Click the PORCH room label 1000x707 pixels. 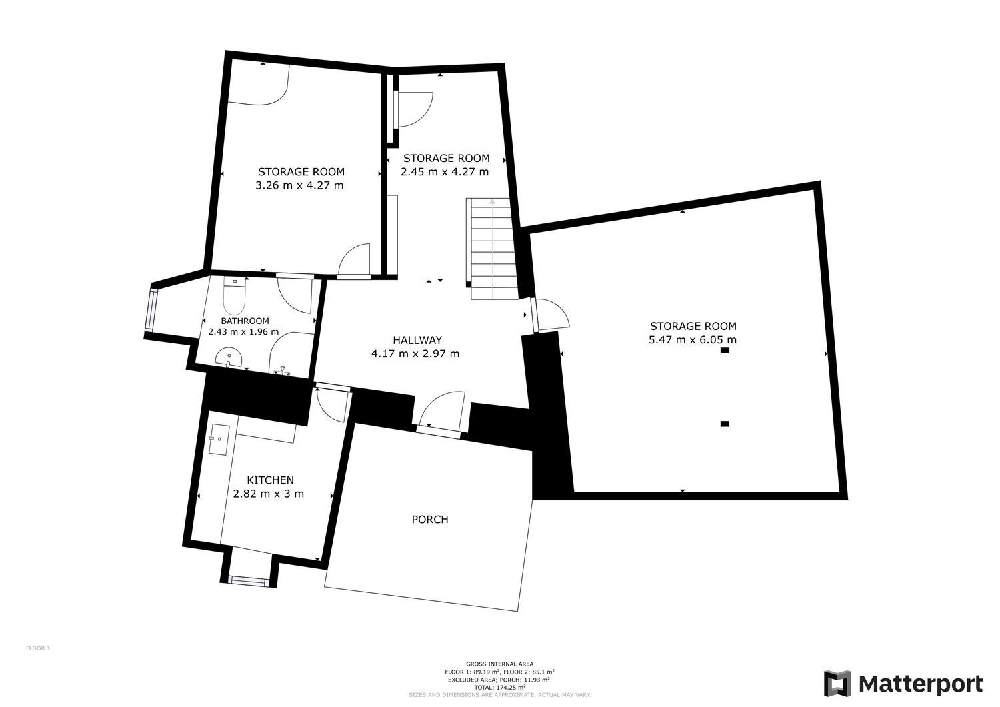[x=430, y=519]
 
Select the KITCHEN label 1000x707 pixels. [x=270, y=480]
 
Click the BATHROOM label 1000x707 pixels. [x=245, y=321]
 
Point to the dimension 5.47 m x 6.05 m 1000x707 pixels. [x=693, y=340]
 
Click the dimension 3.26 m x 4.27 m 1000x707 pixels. [x=299, y=185]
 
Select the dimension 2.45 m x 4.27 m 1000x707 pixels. [x=445, y=171]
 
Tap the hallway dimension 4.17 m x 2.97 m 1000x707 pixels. [x=415, y=354]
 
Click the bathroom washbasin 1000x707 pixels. [x=230, y=358]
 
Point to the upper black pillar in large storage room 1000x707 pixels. [x=725, y=351]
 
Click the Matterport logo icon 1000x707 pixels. [x=837, y=684]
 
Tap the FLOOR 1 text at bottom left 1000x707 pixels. [x=38, y=648]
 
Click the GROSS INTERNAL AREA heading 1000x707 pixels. [x=499, y=664]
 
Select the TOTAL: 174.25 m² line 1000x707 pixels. [x=499, y=687]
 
